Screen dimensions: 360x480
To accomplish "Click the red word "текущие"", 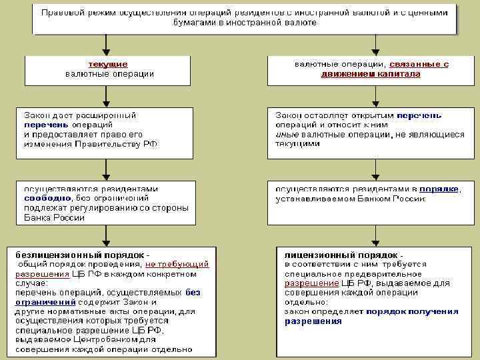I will tap(109, 64).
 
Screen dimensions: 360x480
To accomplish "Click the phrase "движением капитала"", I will tap(370, 74).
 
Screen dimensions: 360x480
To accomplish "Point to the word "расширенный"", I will tap(107, 115).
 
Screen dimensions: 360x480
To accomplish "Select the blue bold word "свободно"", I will tap(43, 198).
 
